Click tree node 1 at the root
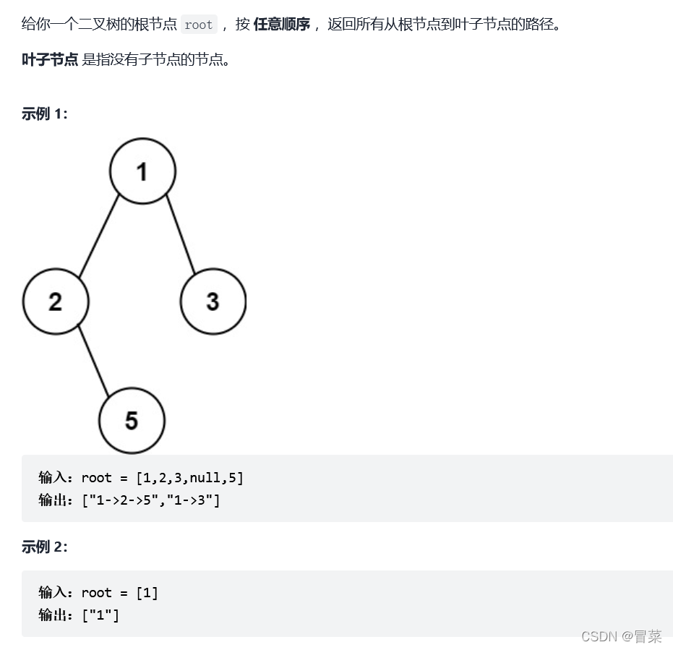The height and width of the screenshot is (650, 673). [x=142, y=171]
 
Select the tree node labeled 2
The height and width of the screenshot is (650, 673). [x=56, y=302]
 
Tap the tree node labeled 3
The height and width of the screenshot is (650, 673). [x=213, y=302]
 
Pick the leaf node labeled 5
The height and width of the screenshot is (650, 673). [x=132, y=421]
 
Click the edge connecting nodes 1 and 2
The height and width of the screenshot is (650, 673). [x=99, y=236]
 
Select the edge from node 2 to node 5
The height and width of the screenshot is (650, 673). [x=93, y=361]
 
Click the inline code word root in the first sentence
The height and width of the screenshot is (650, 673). [x=198, y=25]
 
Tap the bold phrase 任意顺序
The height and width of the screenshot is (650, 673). [x=281, y=24]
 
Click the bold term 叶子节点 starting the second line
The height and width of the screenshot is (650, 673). [x=50, y=59]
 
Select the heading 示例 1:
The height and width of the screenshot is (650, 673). [x=45, y=114]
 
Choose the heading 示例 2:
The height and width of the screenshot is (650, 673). [x=45, y=547]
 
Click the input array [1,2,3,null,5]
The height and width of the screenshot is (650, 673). [x=189, y=477]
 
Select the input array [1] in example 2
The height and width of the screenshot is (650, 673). [x=147, y=593]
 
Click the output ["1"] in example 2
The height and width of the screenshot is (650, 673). [x=100, y=615]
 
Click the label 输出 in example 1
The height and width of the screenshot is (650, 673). [x=53, y=499]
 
